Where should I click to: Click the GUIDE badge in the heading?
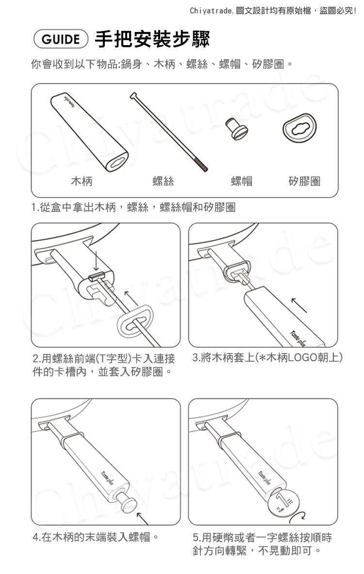(61, 39)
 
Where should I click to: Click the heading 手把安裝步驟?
(152, 39)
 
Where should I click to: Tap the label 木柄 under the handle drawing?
(82, 181)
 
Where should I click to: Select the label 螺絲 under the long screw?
(163, 181)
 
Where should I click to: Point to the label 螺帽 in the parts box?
(242, 181)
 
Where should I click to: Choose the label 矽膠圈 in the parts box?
(304, 181)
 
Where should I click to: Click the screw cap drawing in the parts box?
(236, 128)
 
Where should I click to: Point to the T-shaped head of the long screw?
(134, 96)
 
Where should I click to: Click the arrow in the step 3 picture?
(299, 305)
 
